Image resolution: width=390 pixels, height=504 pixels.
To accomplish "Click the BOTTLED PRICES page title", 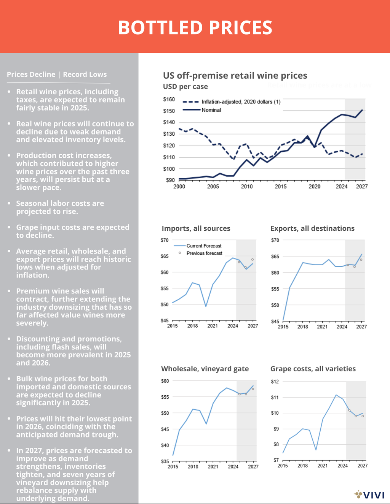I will click(195, 28).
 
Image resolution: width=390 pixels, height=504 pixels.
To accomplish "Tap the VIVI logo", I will click(369, 495).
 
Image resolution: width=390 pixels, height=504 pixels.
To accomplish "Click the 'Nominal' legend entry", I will click(211, 110).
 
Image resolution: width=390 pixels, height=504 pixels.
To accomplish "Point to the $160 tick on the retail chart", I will click(169, 99).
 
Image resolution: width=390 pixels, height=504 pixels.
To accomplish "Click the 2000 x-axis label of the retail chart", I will click(179, 187).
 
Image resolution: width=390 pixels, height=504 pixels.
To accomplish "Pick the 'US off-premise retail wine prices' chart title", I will click(235, 76).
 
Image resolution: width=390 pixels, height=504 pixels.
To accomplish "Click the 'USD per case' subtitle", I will click(185, 87).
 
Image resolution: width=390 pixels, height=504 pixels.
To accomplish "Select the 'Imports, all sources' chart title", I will click(196, 228).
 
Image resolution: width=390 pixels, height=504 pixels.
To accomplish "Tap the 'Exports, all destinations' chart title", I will click(312, 228).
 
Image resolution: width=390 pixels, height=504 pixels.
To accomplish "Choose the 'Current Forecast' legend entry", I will click(204, 246).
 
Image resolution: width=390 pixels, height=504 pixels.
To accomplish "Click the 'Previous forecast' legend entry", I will click(204, 253).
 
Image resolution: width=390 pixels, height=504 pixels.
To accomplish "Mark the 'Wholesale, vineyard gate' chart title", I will click(205, 369).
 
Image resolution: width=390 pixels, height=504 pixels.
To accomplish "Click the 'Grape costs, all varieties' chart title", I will click(313, 369).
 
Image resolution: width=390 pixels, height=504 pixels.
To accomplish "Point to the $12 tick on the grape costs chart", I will click(275, 382).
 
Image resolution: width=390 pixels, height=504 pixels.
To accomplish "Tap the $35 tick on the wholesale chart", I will click(165, 461).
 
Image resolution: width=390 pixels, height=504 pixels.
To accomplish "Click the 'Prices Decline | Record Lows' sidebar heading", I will click(57, 74).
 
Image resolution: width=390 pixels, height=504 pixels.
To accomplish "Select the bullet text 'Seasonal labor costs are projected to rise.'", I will click(60, 208).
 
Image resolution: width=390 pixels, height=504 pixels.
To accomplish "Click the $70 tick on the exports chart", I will click(275, 240).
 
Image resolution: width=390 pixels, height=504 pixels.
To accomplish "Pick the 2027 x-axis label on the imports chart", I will click(253, 326).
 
